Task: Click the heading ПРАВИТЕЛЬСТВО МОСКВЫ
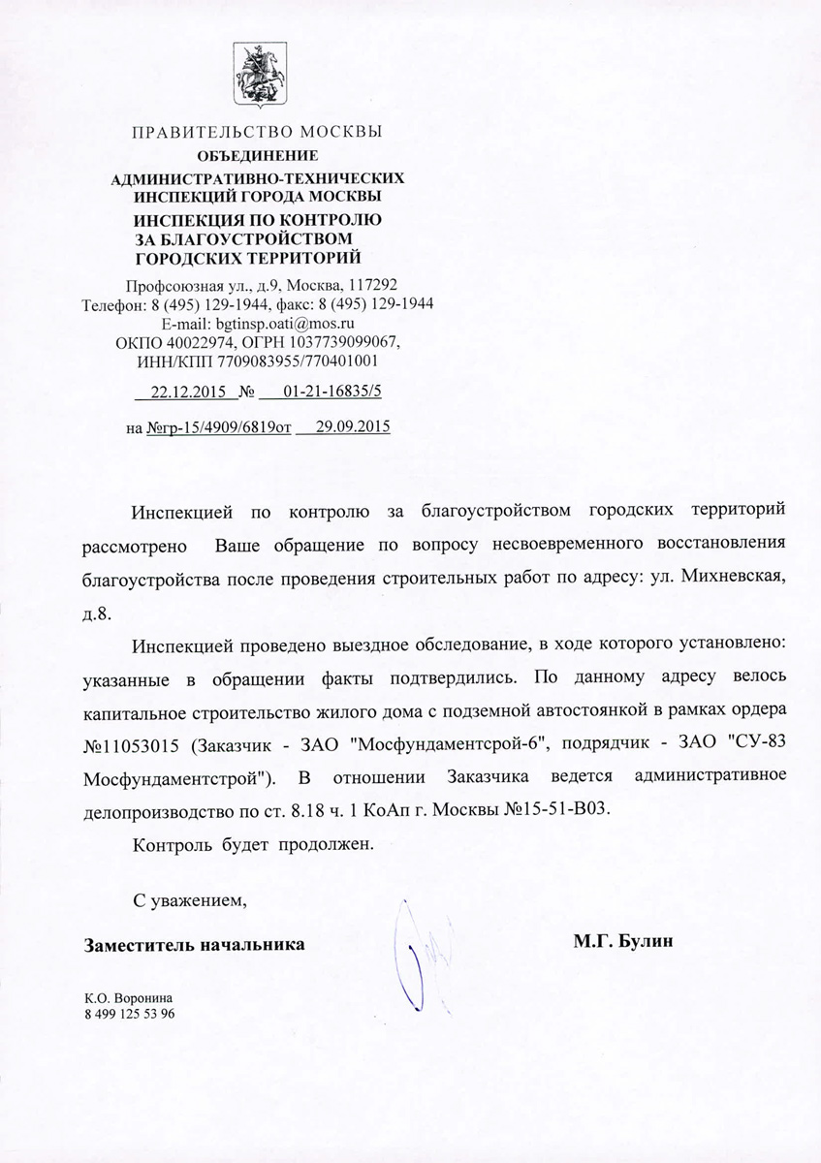coord(257,132)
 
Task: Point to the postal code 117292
coord(371,286)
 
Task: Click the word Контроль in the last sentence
coord(165,844)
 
